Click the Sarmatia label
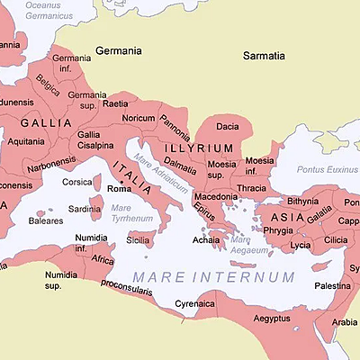point(266,56)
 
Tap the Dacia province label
point(228,127)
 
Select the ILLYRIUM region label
point(199,148)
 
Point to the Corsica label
point(77,183)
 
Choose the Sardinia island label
point(85,209)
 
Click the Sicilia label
point(138,240)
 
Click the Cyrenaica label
point(195,304)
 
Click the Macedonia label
point(216,196)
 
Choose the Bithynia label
point(304,201)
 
